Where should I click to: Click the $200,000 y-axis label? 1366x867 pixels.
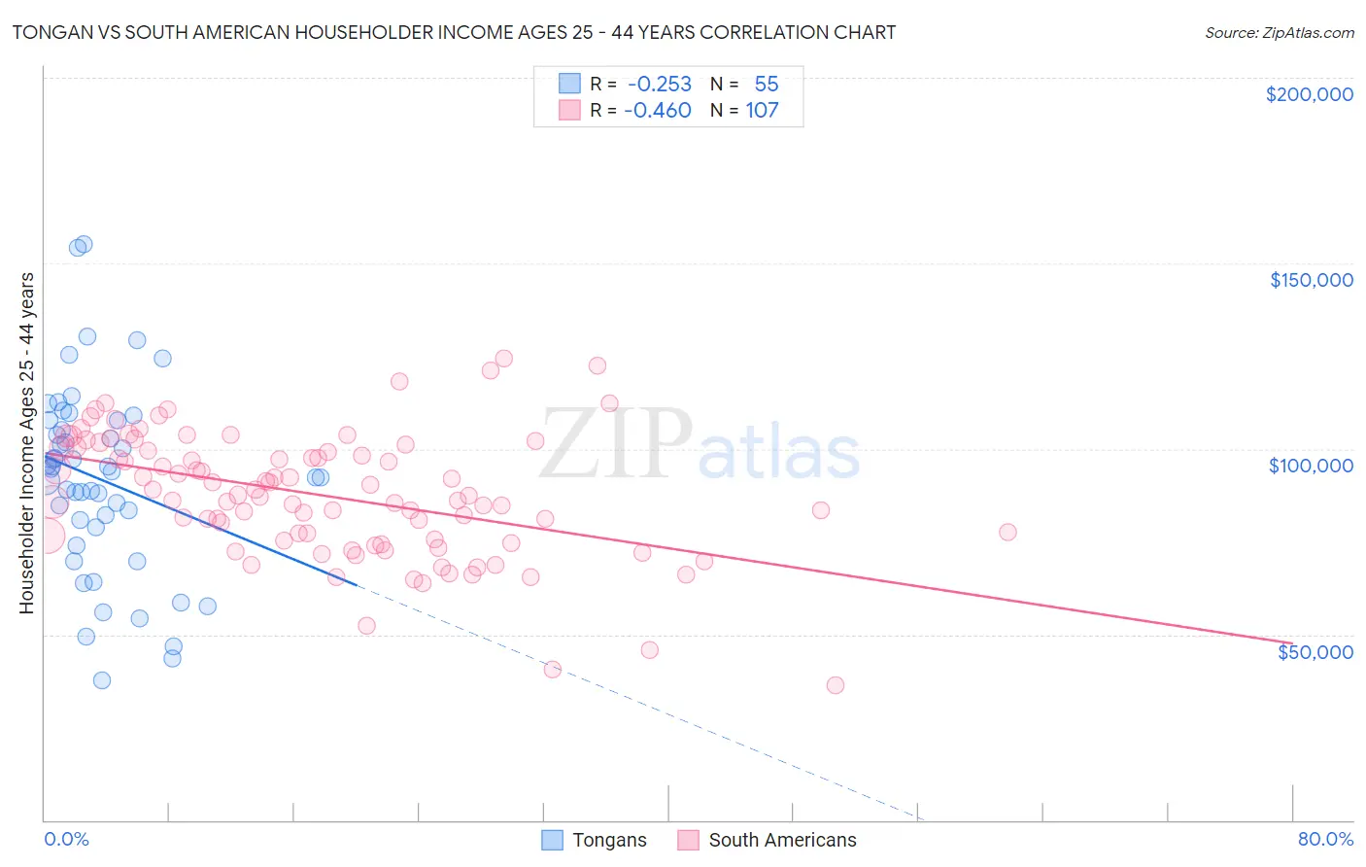pyautogui.click(x=1309, y=94)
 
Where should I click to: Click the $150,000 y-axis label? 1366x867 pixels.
pyautogui.click(x=1311, y=280)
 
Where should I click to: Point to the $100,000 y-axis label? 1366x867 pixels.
pyautogui.click(x=1311, y=466)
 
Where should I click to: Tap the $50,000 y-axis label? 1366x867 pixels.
pyautogui.click(x=1315, y=652)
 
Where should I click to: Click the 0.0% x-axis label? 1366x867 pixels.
pyautogui.click(x=66, y=839)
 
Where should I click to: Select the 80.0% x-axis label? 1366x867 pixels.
pyautogui.click(x=1325, y=839)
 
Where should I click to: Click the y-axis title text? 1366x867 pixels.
pyautogui.click(x=26, y=443)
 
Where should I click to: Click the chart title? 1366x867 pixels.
pyautogui.click(x=453, y=32)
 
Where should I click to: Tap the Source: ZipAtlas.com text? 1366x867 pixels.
pyautogui.click(x=1279, y=32)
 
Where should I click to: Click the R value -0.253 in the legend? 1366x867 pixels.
pyautogui.click(x=659, y=84)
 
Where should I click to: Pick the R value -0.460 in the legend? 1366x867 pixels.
pyautogui.click(x=658, y=110)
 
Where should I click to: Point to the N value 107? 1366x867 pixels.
pyautogui.click(x=762, y=110)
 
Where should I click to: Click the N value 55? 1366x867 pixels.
pyautogui.click(x=767, y=84)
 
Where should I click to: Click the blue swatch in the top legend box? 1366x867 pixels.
pyautogui.click(x=568, y=84)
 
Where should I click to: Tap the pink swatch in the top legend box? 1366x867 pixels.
pyautogui.click(x=568, y=110)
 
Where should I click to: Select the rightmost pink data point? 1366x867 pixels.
pyautogui.click(x=1007, y=532)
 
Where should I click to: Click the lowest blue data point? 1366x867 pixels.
pyautogui.click(x=102, y=680)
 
